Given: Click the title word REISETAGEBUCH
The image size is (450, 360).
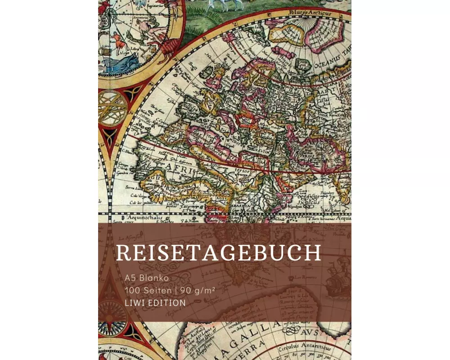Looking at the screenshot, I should coord(219,253).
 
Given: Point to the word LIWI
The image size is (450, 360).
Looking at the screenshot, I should coord(135,303).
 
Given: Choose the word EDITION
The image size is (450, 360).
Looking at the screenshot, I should coord(166,303).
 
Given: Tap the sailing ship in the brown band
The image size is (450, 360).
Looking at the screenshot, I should coord(337,279).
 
